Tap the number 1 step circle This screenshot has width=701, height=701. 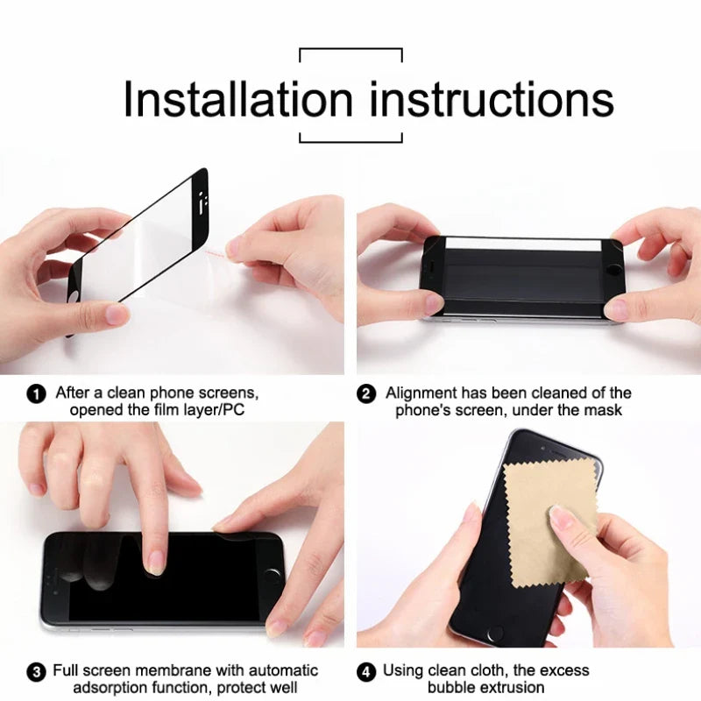pos(37,394)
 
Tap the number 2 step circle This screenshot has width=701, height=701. pos(367,394)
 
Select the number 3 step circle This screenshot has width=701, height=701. pos(37,672)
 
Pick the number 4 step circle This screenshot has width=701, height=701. pos(367,672)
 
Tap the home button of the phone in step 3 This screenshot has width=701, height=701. pos(273,577)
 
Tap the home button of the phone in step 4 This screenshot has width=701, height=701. pos(497,633)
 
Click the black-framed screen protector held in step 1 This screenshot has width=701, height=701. pos(140,241)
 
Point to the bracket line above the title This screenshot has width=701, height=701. pos(350,50)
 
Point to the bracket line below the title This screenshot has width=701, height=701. pos(350,141)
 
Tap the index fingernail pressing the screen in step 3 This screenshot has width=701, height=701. pos(157,561)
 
